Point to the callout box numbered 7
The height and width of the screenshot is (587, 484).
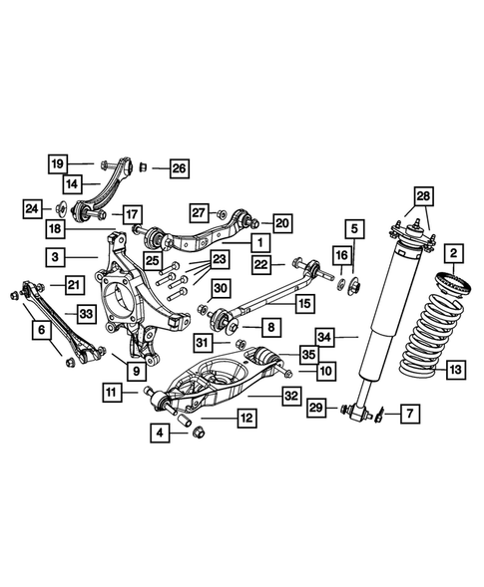click(408, 412)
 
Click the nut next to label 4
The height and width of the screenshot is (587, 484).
click(197, 431)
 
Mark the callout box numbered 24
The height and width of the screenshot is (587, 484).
click(33, 207)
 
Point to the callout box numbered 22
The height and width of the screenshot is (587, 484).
click(261, 263)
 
